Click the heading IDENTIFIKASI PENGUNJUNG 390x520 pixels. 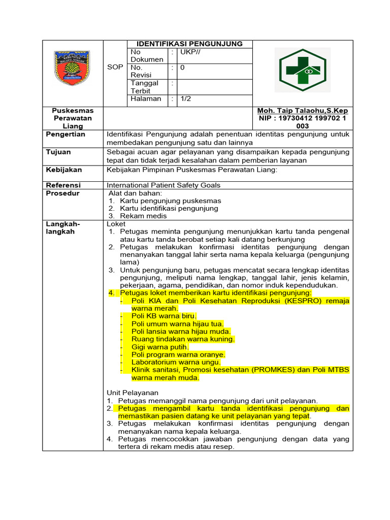coord(189,44)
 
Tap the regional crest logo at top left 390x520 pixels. coord(74,70)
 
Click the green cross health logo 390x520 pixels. coord(302,70)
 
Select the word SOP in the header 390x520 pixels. coord(115,67)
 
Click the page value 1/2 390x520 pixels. coord(185,99)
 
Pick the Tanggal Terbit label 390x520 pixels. coord(145,87)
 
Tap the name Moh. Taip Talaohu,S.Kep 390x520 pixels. coord(303,111)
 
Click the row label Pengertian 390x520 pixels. coord(66,135)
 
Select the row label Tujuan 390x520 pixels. coord(58,152)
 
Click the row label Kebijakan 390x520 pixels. coord(63,170)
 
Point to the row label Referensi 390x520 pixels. coord(63,185)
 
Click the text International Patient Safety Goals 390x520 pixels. coord(164,185)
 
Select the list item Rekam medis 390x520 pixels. coord(143,216)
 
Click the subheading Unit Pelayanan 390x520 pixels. coord(133,393)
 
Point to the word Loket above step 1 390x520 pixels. coord(116,223)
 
